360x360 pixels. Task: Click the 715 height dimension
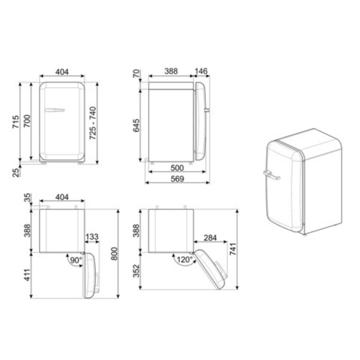coord(16,122)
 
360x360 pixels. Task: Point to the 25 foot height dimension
coord(16,172)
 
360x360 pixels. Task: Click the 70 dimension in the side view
coord(136,74)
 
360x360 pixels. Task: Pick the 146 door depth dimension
coord(201,71)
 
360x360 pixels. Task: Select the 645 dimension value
coord(136,125)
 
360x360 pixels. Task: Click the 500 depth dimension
coord(177,168)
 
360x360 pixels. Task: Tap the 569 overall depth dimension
coord(177,179)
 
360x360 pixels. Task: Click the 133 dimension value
coord(92,237)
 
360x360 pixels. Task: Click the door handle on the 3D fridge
coord(271,175)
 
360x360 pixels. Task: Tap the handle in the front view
coord(54,110)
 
